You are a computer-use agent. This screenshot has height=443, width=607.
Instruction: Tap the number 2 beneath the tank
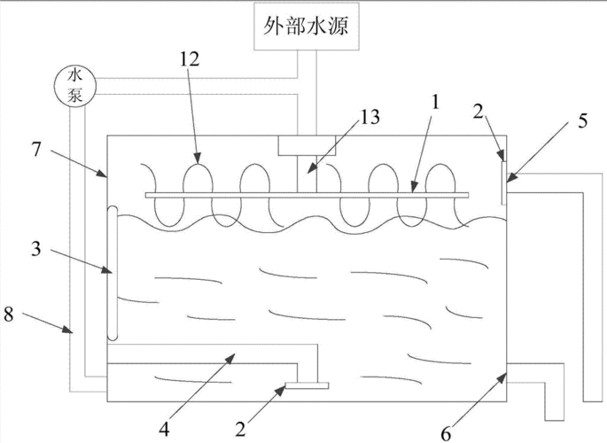coord(242,429)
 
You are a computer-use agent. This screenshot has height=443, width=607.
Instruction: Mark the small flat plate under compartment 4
coord(303,385)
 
